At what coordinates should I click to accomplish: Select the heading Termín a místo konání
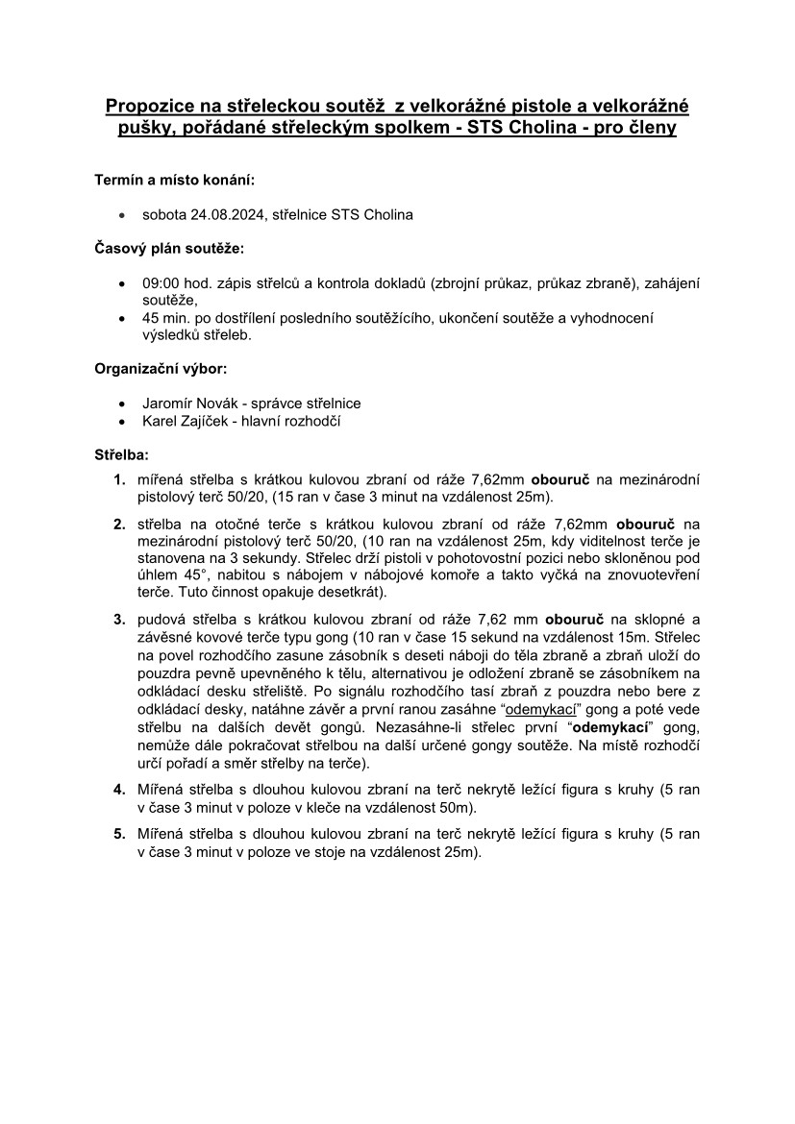pos(175,180)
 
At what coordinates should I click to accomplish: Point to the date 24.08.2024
pos(222,214)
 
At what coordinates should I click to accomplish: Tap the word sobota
pos(164,214)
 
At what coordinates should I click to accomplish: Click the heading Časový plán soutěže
pos(169,249)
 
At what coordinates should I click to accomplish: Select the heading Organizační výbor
pos(161,368)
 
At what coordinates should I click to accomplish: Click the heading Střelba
pos(121,455)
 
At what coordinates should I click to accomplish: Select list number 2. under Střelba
pos(119,525)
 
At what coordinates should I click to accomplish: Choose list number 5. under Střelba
pos(119,834)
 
